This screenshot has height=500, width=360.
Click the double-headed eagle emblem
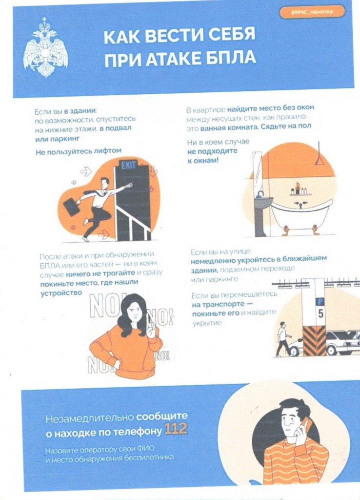(x=46, y=48)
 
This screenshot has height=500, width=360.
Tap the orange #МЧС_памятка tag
(x=312, y=12)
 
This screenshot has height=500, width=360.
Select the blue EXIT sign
(x=129, y=165)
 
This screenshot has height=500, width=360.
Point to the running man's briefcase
(x=71, y=207)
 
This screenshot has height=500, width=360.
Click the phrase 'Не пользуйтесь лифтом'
(x=79, y=151)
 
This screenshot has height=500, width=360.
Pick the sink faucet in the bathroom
(x=260, y=194)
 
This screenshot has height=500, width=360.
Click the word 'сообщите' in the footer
(x=162, y=417)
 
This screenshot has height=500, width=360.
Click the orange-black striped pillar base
(x=314, y=341)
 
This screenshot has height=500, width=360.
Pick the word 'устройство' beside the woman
(x=61, y=293)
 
